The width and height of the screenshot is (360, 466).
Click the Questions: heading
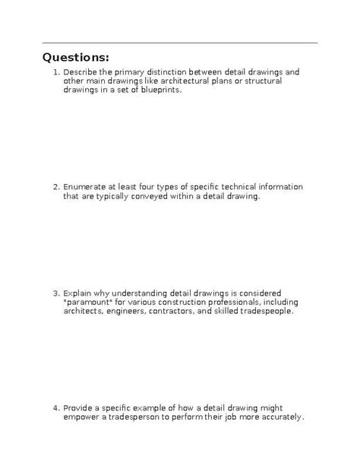click(76, 58)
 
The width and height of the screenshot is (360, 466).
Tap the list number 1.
click(55, 73)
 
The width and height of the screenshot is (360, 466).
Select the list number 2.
click(55, 187)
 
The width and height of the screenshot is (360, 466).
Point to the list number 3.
click(55, 293)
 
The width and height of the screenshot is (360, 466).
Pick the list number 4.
click(55, 407)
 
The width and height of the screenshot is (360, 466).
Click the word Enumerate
click(86, 187)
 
